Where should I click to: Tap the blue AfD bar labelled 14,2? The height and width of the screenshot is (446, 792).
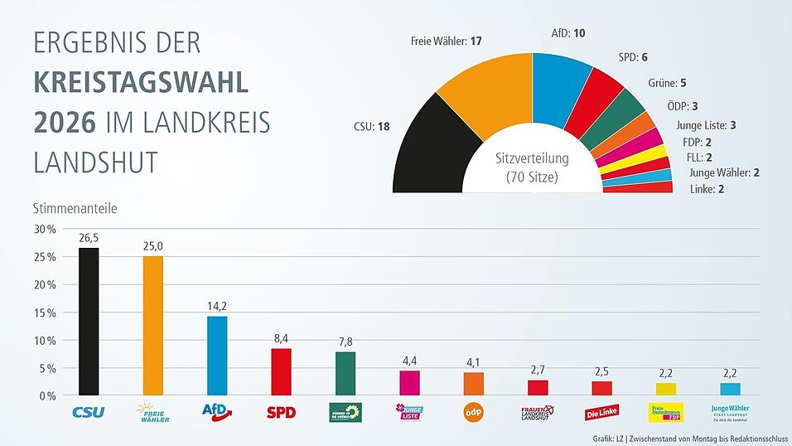(x=217, y=356)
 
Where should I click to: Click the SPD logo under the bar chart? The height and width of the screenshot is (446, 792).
(x=281, y=412)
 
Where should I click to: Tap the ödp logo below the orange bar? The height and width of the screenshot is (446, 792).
(x=475, y=411)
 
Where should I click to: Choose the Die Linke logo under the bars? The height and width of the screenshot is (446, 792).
(x=602, y=413)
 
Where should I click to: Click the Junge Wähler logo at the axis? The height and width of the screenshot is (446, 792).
(x=732, y=412)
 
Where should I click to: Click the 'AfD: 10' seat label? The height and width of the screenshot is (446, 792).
(x=568, y=34)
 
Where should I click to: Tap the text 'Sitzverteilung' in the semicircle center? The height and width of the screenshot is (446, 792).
(x=532, y=159)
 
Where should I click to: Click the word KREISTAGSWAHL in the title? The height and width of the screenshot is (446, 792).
(x=141, y=83)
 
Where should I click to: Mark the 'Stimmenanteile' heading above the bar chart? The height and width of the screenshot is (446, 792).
(x=75, y=208)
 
